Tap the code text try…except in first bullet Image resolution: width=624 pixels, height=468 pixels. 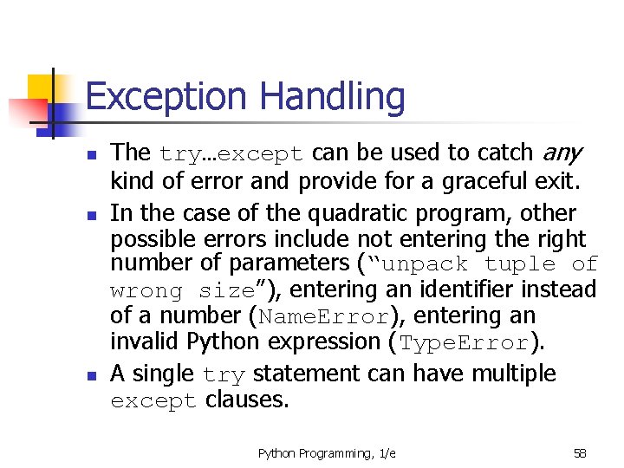pyautogui.click(x=231, y=154)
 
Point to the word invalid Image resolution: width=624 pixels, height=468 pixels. pyautogui.click(x=143, y=341)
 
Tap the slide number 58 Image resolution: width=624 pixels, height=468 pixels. pyautogui.click(x=580, y=453)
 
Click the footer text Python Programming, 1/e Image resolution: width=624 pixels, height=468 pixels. pyautogui.click(x=327, y=453)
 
